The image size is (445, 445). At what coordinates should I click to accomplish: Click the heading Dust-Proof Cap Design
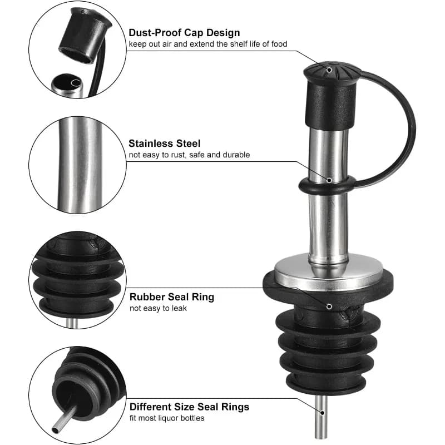tap(184, 33)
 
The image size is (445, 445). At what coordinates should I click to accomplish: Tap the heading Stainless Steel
tap(164, 144)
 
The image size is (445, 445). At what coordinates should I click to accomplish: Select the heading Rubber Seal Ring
tap(172, 297)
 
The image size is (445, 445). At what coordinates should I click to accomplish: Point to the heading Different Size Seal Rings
tap(189, 407)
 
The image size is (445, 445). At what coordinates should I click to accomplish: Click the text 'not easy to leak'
tap(158, 308)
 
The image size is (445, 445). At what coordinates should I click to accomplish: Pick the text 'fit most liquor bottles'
tap(167, 418)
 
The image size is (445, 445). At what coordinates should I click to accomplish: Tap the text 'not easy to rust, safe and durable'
tap(189, 155)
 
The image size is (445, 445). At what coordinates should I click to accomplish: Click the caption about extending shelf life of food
tap(207, 44)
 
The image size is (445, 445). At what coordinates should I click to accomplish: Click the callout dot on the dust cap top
tap(329, 70)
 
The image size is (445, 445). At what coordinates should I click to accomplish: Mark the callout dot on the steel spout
tap(329, 180)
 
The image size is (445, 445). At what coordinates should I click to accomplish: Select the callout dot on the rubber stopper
tap(329, 306)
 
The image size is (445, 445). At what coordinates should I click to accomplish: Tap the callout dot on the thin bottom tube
tap(322, 413)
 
